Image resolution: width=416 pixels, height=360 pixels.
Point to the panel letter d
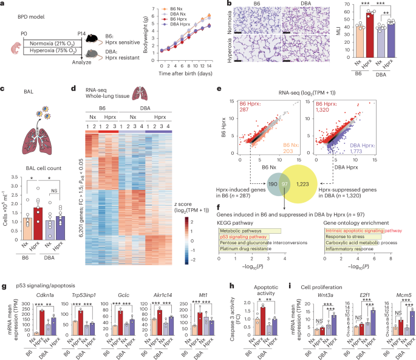tap(73, 89)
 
